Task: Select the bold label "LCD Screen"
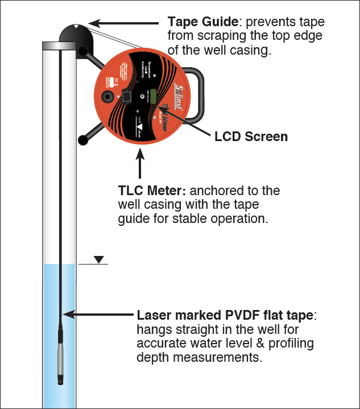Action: [251, 137]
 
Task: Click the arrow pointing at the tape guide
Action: [125, 23]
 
